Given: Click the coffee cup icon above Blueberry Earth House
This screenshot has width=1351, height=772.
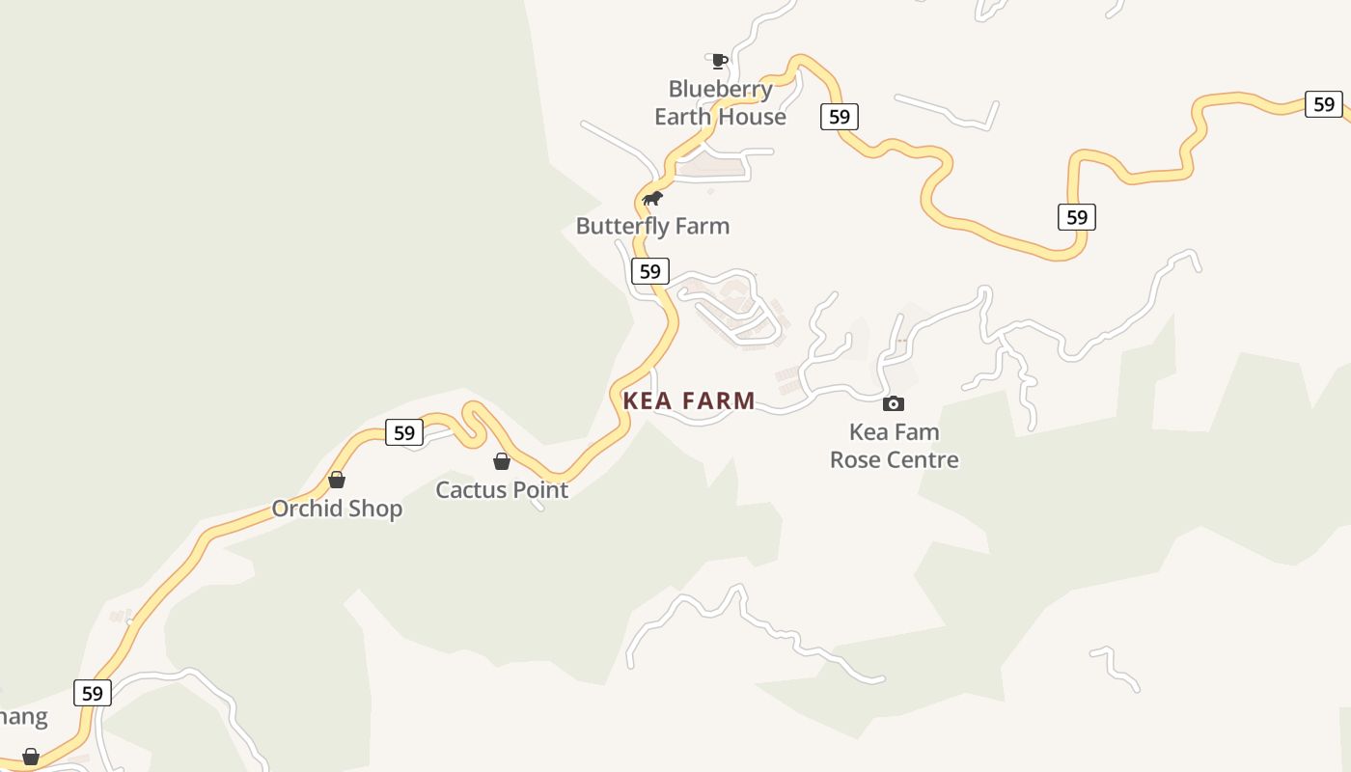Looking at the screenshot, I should (x=718, y=62).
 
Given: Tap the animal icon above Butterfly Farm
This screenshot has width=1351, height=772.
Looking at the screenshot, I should (x=653, y=199).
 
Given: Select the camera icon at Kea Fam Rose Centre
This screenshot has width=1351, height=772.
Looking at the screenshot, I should (x=894, y=403).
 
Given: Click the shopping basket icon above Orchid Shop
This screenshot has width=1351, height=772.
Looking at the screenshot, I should (x=337, y=480).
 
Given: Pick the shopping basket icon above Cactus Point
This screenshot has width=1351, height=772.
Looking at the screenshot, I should (x=502, y=461).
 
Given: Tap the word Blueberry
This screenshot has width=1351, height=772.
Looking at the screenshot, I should (x=720, y=90).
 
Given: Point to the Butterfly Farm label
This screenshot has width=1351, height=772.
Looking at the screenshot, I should (x=652, y=226).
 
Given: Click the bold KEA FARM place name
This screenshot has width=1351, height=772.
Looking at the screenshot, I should (x=689, y=400).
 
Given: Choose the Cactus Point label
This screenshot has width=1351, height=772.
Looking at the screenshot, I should (x=502, y=489).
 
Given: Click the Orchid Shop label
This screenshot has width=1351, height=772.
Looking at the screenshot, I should (x=337, y=509).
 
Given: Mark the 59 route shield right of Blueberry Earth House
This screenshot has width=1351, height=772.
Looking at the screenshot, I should (x=840, y=117).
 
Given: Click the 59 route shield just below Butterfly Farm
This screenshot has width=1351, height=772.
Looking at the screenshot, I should (x=650, y=271).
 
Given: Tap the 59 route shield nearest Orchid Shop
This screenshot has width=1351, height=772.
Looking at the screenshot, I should (x=404, y=432).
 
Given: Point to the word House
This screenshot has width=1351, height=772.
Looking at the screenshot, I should (x=758, y=117).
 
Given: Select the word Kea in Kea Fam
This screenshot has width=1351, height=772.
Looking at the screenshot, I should (x=868, y=431).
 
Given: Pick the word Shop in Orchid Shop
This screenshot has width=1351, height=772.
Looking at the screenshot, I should (x=375, y=509).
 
